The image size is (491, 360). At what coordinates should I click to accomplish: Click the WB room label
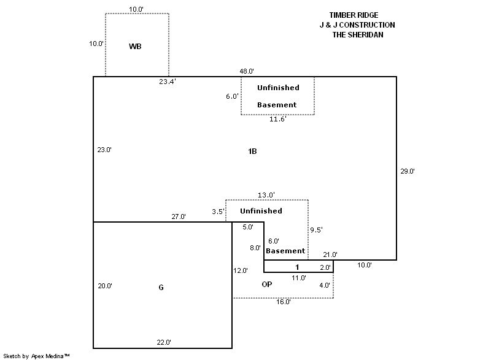(x=136, y=47)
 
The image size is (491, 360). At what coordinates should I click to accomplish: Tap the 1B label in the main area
(x=252, y=151)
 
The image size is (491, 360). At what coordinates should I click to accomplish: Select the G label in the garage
(x=161, y=287)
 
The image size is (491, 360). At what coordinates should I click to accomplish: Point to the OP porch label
(x=267, y=285)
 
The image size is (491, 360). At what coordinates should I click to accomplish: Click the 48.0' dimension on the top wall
(x=247, y=71)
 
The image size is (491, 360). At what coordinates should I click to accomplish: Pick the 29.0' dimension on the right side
(x=408, y=172)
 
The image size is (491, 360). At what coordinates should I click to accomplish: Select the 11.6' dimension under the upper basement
(x=277, y=119)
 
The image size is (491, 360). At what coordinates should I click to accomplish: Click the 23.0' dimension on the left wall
(x=104, y=150)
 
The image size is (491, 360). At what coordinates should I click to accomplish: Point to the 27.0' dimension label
(x=179, y=216)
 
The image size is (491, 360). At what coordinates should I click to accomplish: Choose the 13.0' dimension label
(x=266, y=195)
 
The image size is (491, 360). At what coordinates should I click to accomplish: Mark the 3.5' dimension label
(x=218, y=212)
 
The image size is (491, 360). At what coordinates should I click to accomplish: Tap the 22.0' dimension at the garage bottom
(x=163, y=342)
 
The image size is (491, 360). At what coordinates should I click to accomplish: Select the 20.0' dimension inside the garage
(x=106, y=286)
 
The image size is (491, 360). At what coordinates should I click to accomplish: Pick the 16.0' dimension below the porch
(x=283, y=302)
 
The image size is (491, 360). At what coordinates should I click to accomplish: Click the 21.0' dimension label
(x=330, y=255)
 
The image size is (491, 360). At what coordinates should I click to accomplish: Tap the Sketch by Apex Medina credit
(x=36, y=355)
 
